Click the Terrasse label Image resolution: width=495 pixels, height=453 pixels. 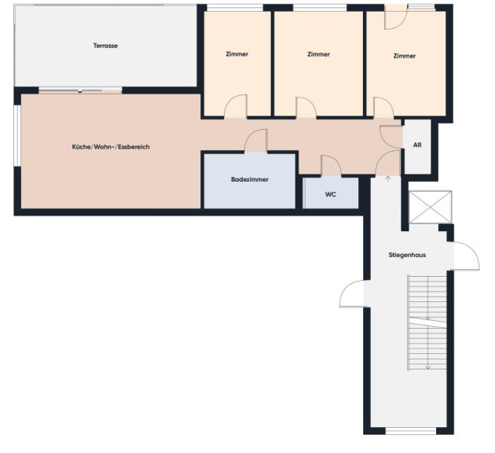click(105, 46)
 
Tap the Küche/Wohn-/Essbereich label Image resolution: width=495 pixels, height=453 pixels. click(111, 147)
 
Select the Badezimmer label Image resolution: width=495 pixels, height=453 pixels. click(250, 179)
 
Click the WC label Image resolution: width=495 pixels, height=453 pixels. click(331, 194)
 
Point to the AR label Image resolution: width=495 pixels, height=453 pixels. click(417, 145)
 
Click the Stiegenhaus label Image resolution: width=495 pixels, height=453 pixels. click(407, 255)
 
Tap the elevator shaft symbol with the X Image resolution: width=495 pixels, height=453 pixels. click(431, 207)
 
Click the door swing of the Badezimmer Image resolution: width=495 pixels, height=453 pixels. click(256, 141)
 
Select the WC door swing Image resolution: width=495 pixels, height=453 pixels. click(331, 165)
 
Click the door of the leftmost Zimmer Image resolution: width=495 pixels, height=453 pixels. click(236, 106)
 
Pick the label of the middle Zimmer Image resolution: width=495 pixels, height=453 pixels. click(318, 54)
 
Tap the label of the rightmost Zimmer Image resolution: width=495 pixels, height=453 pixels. click(405, 56)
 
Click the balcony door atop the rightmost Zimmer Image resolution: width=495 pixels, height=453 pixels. click(396, 17)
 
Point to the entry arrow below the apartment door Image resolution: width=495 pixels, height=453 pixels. click(388, 179)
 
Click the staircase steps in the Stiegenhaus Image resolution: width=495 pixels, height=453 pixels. click(427, 322)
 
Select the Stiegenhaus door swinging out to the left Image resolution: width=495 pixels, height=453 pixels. click(352, 294)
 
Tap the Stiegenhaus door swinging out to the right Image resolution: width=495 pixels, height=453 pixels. click(466, 256)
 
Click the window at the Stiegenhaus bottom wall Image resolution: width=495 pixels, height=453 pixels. click(411, 430)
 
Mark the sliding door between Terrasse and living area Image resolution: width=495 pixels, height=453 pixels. click(80, 91)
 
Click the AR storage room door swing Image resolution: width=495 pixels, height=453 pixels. click(391, 137)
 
